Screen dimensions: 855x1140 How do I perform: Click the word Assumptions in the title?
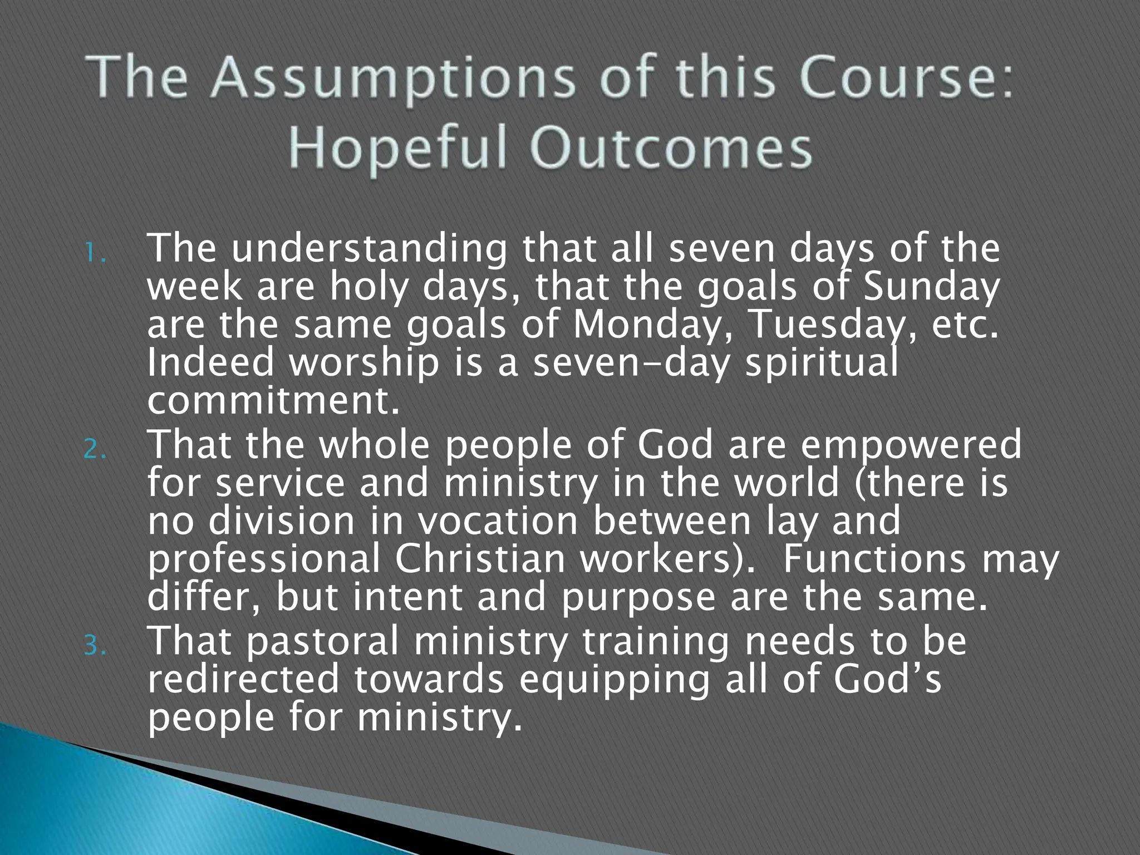(392, 79)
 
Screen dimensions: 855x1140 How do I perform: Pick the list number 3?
(95, 647)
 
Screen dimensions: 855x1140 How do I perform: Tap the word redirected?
(243, 679)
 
